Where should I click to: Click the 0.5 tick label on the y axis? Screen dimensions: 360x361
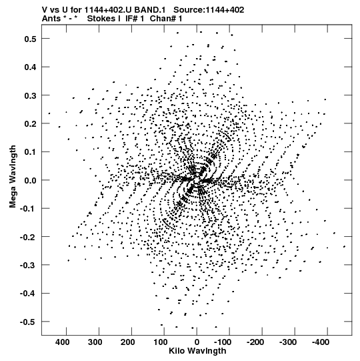[30, 39]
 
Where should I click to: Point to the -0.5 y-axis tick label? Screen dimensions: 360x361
[28, 322]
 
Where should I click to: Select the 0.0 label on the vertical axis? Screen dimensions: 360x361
[30, 180]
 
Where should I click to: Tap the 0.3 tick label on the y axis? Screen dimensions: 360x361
[30, 95]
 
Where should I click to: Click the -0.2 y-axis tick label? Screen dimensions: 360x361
[28, 237]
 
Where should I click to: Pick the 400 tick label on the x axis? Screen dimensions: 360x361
[63, 342]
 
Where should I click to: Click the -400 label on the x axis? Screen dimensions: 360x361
[321, 342]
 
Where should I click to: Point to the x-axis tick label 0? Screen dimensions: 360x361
[197, 342]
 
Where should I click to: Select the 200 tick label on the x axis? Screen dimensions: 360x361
[128, 342]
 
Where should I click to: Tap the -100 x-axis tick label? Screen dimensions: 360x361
[223, 342]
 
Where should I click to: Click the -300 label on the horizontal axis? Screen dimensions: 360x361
[288, 342]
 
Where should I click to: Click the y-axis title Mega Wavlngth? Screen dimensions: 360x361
[13, 177]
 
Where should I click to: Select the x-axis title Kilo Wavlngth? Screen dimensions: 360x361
[197, 351]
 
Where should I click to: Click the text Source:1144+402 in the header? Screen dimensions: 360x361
[209, 10]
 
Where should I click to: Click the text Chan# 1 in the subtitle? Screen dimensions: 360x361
[166, 19]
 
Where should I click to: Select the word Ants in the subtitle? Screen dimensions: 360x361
[51, 19]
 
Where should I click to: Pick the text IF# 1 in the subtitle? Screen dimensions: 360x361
[135, 19]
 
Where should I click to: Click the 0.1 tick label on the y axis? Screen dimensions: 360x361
[30, 152]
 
